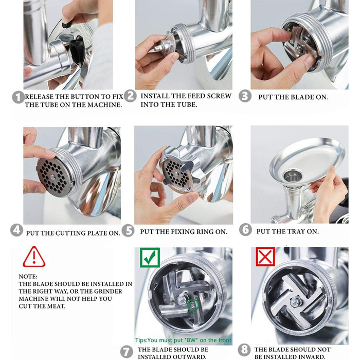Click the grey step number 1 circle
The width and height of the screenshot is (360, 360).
[x=19, y=97]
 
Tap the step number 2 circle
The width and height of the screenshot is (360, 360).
[x=131, y=96]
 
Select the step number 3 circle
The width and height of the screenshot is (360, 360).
[x=245, y=96]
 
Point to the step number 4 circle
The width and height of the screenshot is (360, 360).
[x=17, y=230]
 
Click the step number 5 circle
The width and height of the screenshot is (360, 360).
[x=128, y=230]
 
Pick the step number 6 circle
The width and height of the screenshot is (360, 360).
[x=245, y=229]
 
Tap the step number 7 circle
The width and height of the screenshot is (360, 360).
[x=127, y=352]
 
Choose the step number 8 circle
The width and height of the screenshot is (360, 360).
[x=244, y=350]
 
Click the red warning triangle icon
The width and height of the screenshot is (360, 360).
[x=34, y=257]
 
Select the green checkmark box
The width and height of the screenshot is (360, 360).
[x=150, y=258]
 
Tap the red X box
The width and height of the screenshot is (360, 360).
[x=265, y=257]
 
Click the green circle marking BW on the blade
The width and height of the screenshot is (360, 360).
[x=193, y=305]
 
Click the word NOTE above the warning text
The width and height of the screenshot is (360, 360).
[x=28, y=277]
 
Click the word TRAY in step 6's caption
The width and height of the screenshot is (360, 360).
[x=291, y=231]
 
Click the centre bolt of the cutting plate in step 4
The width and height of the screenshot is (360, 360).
[x=53, y=177]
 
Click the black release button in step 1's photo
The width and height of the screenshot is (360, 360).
[x=68, y=24]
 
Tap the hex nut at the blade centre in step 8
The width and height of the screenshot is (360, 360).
[x=295, y=302]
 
